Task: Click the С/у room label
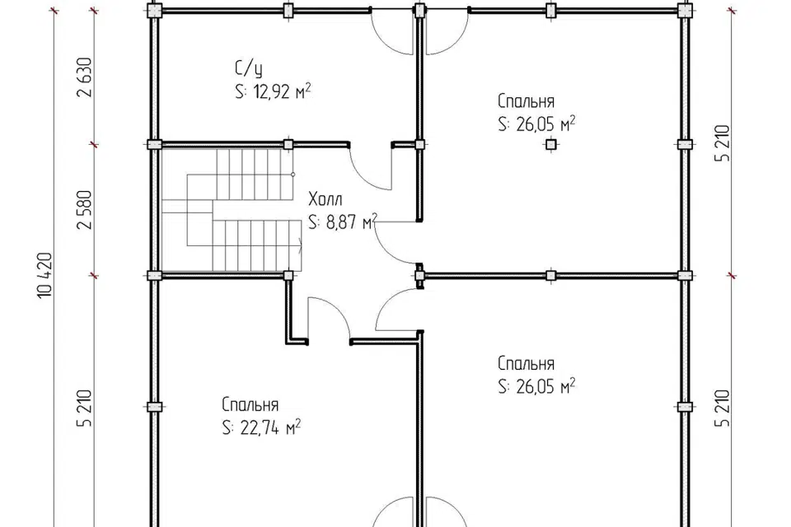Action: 249,69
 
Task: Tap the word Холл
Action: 325,199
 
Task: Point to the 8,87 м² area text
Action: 352,222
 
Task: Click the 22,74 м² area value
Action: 271,428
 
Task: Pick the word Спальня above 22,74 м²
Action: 250,405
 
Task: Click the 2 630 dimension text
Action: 85,77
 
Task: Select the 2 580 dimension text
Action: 85,210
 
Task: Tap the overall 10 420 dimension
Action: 44,275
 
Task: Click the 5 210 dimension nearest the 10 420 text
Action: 85,408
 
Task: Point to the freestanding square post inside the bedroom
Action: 551,145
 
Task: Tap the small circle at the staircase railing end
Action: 293,175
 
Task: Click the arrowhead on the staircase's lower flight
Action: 300,247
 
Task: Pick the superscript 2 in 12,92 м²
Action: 307,86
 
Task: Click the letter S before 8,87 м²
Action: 313,222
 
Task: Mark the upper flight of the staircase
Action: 249,174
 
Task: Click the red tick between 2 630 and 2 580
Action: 94,145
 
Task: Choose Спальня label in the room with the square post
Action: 526,101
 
